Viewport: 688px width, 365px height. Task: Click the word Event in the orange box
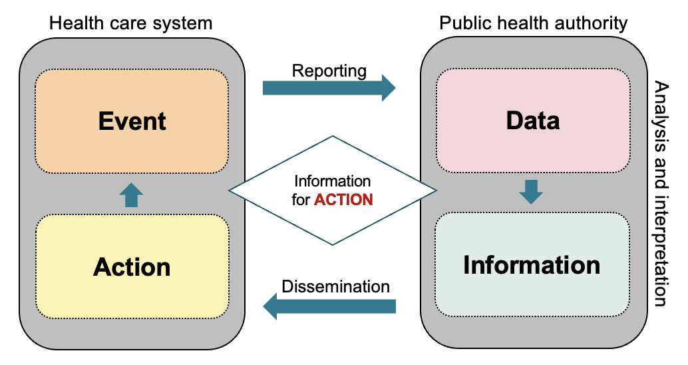[132, 121]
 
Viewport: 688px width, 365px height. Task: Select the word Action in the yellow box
[132, 267]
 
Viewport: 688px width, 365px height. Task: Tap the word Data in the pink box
[532, 121]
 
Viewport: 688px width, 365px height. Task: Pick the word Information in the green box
[532, 265]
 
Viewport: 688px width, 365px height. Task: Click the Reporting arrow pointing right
[329, 88]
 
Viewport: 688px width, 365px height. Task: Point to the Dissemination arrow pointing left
[329, 306]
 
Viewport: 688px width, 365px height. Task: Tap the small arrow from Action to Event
[131, 195]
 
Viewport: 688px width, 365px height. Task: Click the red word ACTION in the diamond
[343, 200]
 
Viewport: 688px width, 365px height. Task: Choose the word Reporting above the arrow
[329, 70]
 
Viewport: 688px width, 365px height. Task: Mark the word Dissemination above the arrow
[335, 287]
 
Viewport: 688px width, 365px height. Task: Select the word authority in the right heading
[592, 24]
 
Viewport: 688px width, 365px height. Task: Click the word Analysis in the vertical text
[661, 111]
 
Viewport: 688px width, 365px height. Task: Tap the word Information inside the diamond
[332, 181]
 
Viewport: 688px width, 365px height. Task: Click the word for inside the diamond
[301, 200]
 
